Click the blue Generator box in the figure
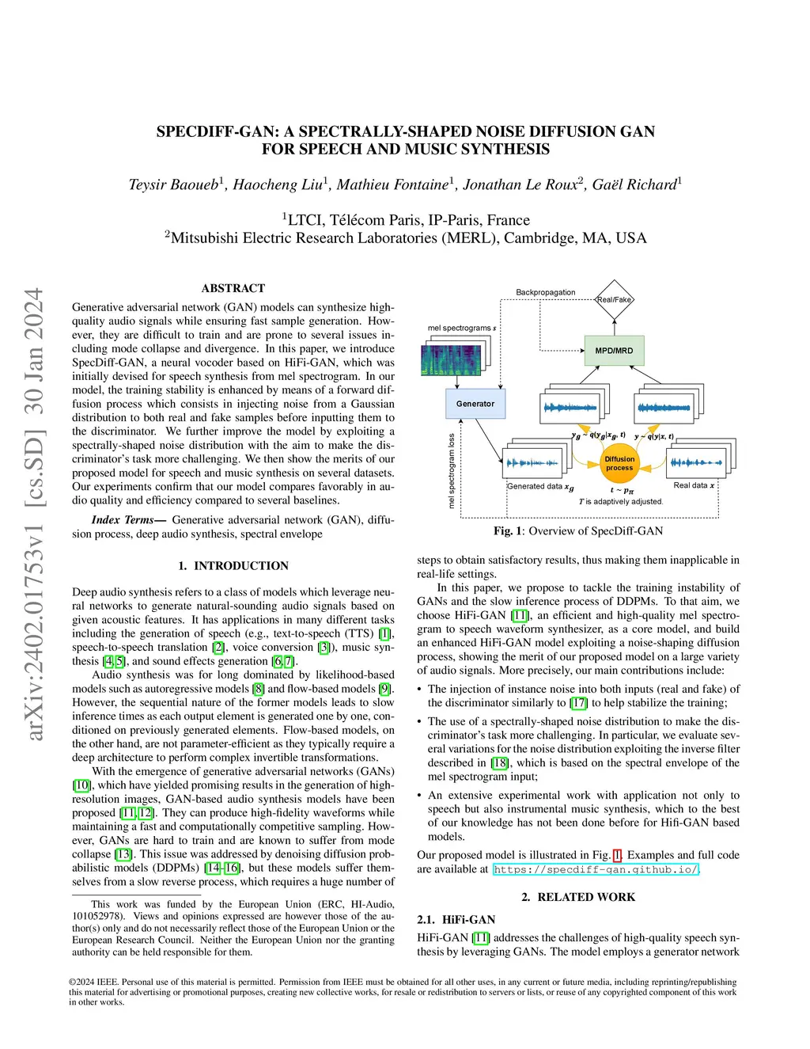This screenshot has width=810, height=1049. coord(475,404)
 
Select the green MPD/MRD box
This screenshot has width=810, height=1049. coord(614,351)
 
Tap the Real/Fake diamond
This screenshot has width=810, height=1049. coord(615,299)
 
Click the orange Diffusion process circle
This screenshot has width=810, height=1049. coord(619,463)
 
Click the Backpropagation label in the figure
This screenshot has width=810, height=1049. coord(545,292)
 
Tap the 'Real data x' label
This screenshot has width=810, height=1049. coord(694,485)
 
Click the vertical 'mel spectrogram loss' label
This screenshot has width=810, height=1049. coord(452,470)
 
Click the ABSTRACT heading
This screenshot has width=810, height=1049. coord(233,288)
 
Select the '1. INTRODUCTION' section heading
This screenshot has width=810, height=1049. coord(233,565)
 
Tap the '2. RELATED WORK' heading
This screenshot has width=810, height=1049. coord(578,897)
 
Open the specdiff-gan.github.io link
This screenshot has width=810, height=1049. coord(596,869)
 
